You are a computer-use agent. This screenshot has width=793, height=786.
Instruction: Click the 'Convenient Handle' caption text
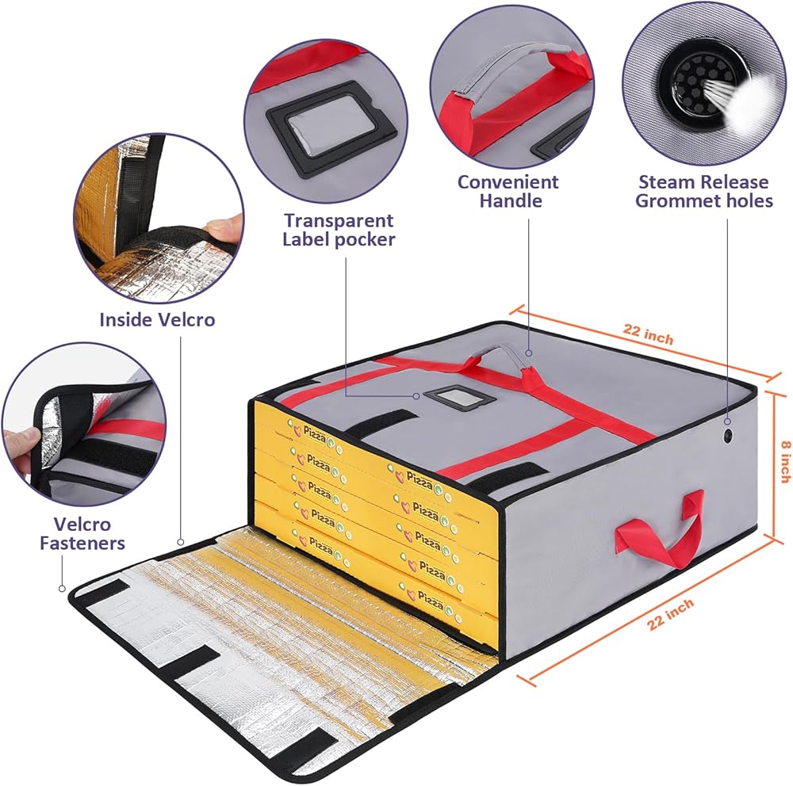point(508,191)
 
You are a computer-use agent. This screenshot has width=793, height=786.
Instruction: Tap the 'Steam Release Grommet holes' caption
point(704,191)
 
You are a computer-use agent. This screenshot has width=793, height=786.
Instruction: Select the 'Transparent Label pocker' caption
point(339,230)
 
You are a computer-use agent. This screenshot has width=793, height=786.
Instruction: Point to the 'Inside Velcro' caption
point(157,319)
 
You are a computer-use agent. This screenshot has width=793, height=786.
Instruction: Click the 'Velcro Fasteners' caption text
point(82,534)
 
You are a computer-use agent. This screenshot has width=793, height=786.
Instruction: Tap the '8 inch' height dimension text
point(784,461)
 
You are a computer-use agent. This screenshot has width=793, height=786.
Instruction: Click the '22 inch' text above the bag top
point(648,333)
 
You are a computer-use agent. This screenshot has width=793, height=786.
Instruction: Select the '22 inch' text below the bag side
point(671,613)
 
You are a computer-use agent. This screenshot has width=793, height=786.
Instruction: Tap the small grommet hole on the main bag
point(727,436)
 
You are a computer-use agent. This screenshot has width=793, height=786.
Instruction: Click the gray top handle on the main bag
point(500,354)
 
